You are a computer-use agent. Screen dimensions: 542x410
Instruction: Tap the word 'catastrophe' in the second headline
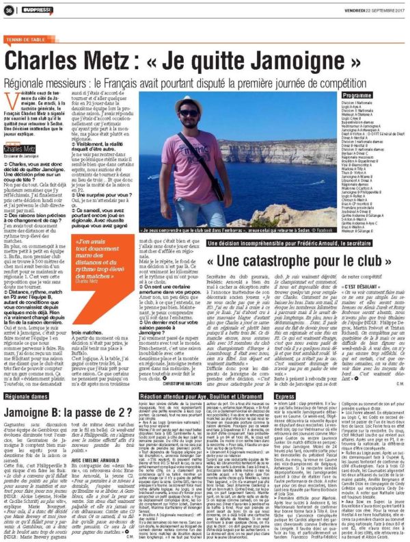(282, 262)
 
